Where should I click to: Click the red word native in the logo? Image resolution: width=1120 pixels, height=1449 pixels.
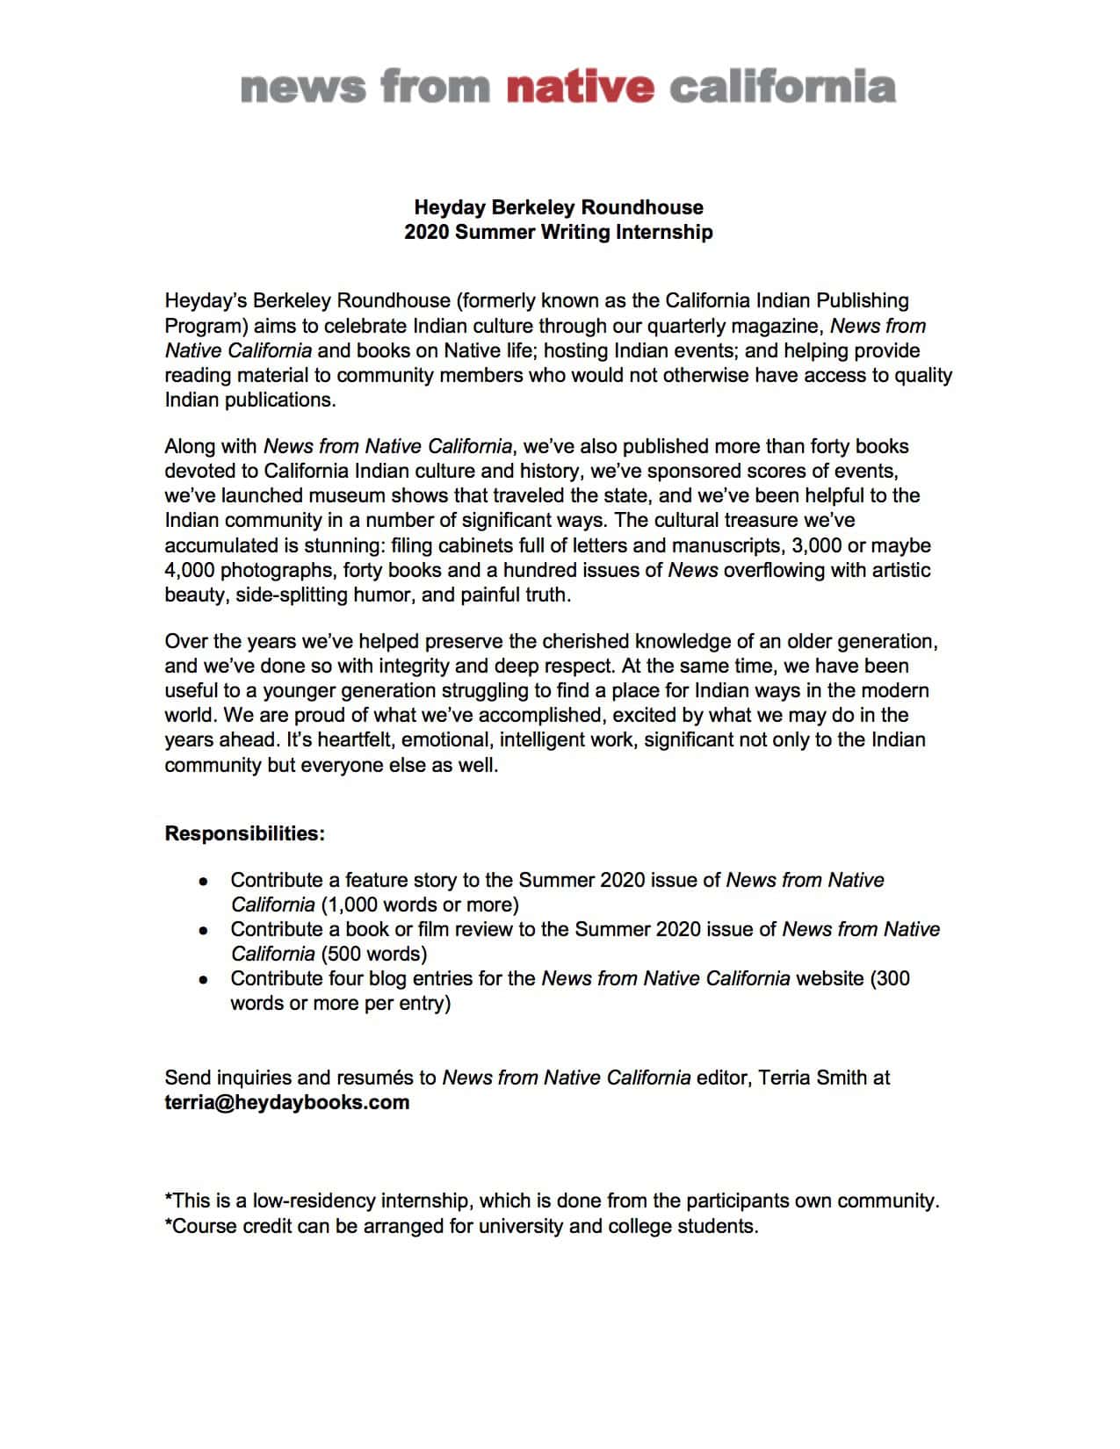580,88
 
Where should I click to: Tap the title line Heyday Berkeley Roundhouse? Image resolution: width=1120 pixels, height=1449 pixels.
559,207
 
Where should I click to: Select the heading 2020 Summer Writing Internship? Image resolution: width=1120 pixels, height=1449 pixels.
559,232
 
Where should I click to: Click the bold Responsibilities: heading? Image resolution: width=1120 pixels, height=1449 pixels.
244,833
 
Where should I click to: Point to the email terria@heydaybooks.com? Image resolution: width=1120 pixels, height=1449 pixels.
286,1102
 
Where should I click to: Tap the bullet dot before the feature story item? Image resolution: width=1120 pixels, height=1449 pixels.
204,881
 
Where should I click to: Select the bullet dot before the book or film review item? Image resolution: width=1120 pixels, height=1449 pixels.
204,930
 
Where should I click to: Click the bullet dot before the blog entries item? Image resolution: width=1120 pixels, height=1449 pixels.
204,979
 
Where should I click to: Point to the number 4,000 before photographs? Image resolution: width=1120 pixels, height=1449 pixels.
189,570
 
